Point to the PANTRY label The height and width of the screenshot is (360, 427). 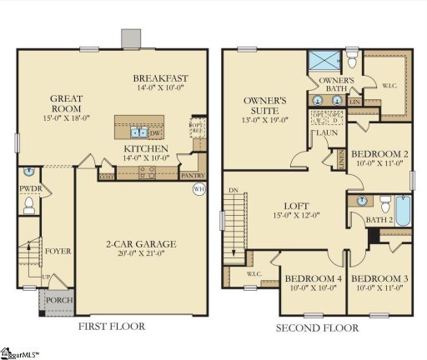pos(193,176)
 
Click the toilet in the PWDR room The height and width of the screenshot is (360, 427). pos(28,203)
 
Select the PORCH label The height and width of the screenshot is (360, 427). pos(55,301)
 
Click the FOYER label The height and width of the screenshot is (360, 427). pos(58,250)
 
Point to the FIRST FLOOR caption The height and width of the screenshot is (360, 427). pos(111,327)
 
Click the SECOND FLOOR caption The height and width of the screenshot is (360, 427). pos(317,327)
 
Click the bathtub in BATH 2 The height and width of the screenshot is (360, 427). pos(403,211)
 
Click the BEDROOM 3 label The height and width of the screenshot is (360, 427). pos(379,278)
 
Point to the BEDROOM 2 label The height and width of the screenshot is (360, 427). pos(379,154)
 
